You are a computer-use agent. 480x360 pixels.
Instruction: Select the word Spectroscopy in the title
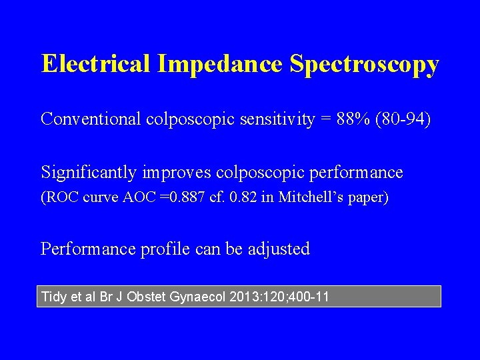[x=365, y=65]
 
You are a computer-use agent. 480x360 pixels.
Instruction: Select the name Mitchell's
[x=313, y=198]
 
